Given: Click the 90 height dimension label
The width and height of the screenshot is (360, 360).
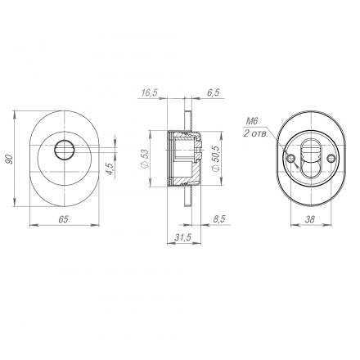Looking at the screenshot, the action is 10,160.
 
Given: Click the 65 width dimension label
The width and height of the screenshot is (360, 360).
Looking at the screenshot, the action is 63,219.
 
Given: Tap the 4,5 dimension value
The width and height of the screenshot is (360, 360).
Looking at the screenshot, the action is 110,169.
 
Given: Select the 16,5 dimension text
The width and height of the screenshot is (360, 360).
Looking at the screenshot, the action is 150,92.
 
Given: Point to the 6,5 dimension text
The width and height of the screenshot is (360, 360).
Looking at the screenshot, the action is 213,92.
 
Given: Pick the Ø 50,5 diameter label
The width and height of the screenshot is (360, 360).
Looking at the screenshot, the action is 216,159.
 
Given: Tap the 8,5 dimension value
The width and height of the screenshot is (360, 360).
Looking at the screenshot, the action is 218,219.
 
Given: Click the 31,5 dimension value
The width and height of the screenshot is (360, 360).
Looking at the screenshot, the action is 183,237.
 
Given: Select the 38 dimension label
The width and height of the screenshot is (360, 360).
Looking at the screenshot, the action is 310,219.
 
